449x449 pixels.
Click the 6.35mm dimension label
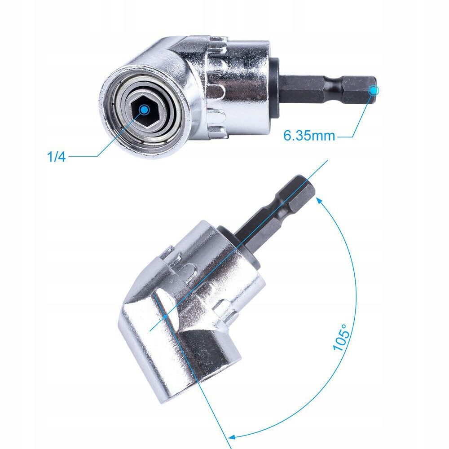click(309, 135)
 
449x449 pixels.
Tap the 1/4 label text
click(56, 157)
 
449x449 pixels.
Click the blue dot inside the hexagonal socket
click(144, 110)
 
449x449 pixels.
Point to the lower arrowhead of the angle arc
click(232, 435)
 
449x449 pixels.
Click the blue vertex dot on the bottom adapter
click(166, 317)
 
